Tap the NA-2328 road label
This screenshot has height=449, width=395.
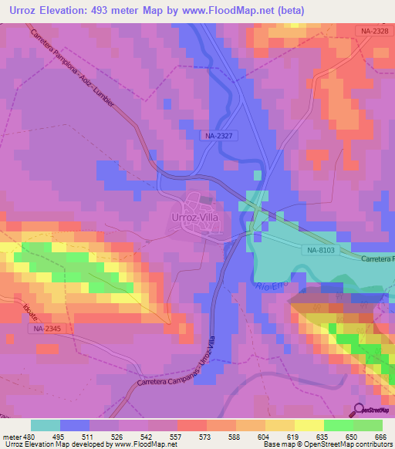373,31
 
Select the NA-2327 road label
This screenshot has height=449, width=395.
220,135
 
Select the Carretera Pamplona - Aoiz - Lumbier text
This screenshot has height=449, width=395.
77,73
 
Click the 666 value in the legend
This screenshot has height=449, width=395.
380,436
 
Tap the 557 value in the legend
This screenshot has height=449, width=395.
175,436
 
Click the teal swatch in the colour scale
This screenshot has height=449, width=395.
46,425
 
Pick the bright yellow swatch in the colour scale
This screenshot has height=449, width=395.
309,425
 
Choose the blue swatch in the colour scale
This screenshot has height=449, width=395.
75,425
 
